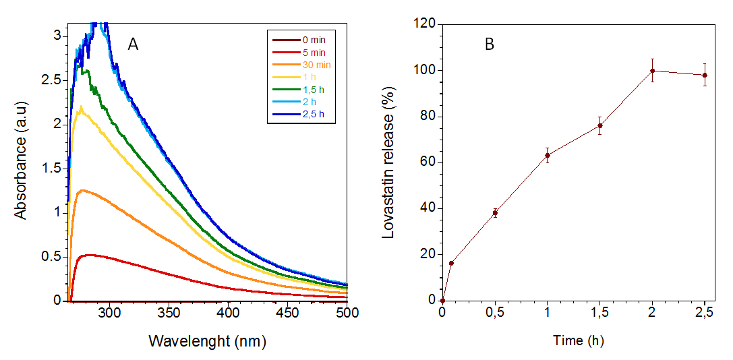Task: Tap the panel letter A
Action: point(134,45)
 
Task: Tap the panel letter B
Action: point(490,45)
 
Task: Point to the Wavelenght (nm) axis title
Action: point(207,341)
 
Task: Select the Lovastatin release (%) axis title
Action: point(388,162)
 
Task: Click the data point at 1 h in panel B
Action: point(548,156)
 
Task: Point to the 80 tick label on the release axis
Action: point(429,117)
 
